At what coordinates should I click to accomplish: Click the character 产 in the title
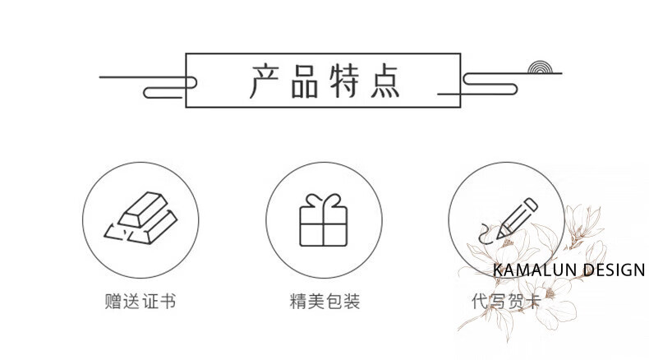267,81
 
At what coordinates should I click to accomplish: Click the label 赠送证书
140,302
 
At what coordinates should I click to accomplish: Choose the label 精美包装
324,302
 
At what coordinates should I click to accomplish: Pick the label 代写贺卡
499,302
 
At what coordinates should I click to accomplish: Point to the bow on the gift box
324,201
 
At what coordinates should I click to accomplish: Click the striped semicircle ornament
542,67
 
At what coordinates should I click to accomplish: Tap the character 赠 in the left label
113,302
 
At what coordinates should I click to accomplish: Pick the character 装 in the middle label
352,302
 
